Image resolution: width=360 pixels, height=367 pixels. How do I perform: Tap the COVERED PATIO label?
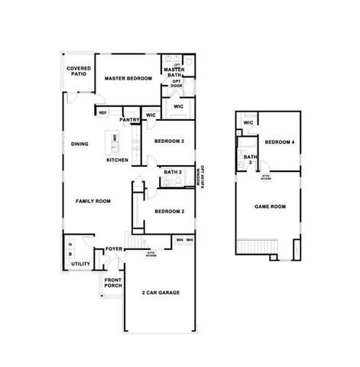pos(79,73)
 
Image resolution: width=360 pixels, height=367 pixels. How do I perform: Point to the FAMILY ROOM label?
pos(92,201)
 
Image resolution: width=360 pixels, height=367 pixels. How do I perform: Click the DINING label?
pos(79,144)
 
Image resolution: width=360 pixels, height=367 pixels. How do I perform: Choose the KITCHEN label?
pos(117,160)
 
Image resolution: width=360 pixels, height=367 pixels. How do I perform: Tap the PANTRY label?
pos(128,120)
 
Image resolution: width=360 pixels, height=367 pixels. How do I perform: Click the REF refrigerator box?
pos(102,113)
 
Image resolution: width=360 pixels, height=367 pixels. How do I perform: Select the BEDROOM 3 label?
pos(169,141)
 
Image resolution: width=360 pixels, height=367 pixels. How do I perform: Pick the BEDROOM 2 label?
pos(169,211)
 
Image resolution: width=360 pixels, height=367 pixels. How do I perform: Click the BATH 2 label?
pos(173,173)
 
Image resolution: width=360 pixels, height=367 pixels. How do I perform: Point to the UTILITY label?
pos(80,264)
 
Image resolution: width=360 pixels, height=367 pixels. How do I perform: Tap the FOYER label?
pos(114,250)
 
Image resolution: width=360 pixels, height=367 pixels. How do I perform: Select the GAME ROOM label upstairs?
pos(270,206)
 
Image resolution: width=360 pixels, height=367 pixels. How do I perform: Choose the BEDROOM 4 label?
pos(280,142)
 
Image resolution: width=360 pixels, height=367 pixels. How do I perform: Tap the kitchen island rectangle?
pos(115,140)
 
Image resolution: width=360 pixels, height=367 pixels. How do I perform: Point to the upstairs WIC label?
pos(248,123)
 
